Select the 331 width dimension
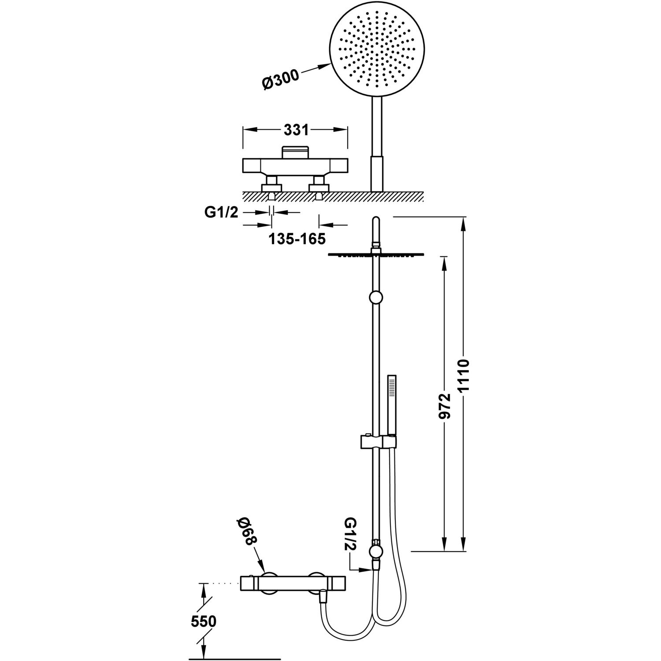pos(296,130)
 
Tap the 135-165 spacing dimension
pos(297,239)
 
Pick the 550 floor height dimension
pos(204,621)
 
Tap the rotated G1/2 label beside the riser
pos(351,534)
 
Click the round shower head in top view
pos(377,52)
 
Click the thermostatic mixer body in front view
pos(293,583)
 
